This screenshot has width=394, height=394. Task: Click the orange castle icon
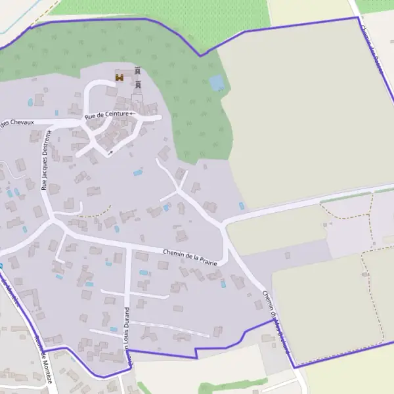120,77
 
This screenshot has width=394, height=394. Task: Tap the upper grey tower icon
138,70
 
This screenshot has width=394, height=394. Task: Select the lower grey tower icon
138,84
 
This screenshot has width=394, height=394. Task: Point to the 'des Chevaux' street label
17,123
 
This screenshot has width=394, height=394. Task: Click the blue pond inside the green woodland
216,83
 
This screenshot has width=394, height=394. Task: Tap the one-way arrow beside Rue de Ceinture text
133,114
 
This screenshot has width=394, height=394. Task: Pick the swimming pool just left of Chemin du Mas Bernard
223,284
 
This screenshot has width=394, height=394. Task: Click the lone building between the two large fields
288,255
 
